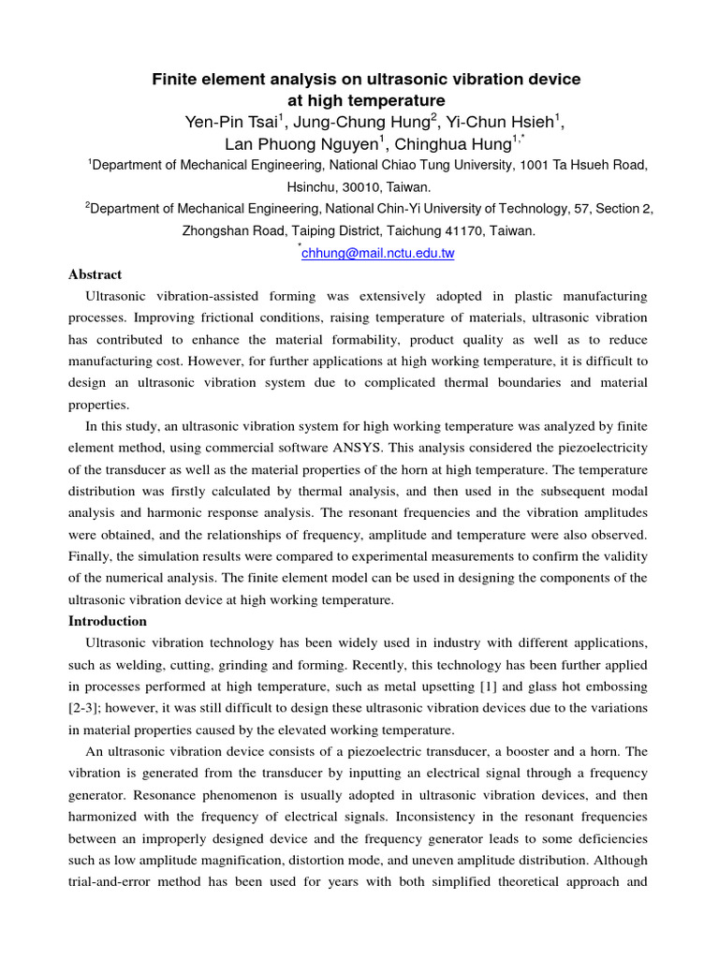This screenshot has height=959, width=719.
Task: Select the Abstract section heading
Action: click(x=95, y=274)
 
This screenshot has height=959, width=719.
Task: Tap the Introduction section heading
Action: click(x=108, y=621)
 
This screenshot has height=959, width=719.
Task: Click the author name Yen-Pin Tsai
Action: click(x=225, y=122)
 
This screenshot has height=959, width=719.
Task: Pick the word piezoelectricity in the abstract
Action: click(x=596, y=448)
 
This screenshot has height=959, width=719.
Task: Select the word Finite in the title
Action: click(x=175, y=80)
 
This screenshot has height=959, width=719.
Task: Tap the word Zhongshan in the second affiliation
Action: click(x=214, y=230)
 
